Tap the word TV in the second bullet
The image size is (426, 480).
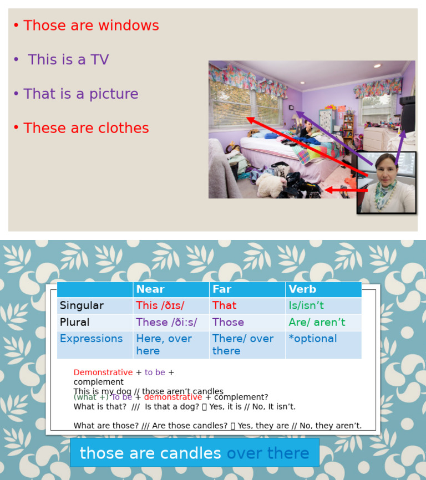point(99,60)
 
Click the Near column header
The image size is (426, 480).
point(150,289)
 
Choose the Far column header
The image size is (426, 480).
point(222,289)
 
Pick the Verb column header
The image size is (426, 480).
point(302,289)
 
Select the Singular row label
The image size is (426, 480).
point(82,305)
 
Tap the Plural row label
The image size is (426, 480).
point(74,322)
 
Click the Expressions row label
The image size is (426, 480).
point(91,339)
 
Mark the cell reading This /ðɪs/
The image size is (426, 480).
point(160,305)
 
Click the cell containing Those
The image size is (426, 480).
point(228,322)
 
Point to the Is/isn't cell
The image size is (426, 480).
point(306,305)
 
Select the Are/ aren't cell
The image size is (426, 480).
point(317,322)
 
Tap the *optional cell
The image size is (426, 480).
point(312,339)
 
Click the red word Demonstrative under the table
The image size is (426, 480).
point(103,372)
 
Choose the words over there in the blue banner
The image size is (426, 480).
point(268,453)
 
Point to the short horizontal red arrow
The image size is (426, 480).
point(346,191)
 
